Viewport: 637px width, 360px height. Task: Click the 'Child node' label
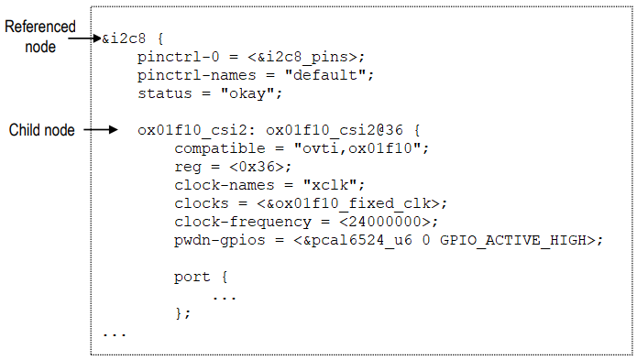coord(41,130)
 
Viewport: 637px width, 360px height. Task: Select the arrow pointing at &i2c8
coord(93,39)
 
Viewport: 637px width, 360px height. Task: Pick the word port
coord(191,276)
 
